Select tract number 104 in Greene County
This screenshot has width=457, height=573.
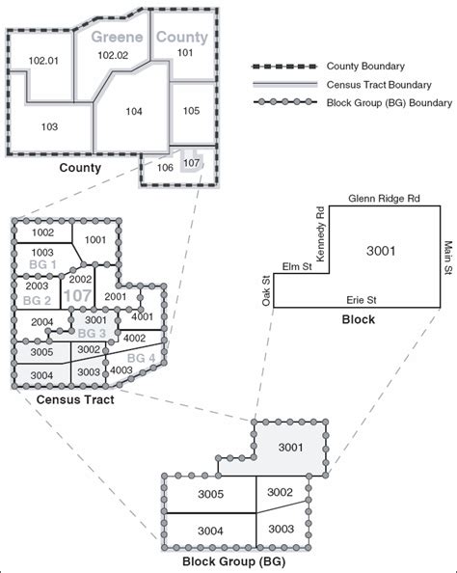tap(134, 112)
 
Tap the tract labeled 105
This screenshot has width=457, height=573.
tap(192, 112)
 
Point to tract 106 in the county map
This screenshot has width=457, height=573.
tap(164, 167)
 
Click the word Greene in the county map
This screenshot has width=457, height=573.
tap(118, 38)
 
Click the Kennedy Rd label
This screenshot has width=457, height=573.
tap(321, 233)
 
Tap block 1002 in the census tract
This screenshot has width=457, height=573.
tap(41, 232)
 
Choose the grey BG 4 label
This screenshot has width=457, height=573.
tap(142, 358)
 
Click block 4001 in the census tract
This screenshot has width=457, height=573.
tap(142, 316)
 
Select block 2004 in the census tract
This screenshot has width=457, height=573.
tap(41, 322)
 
